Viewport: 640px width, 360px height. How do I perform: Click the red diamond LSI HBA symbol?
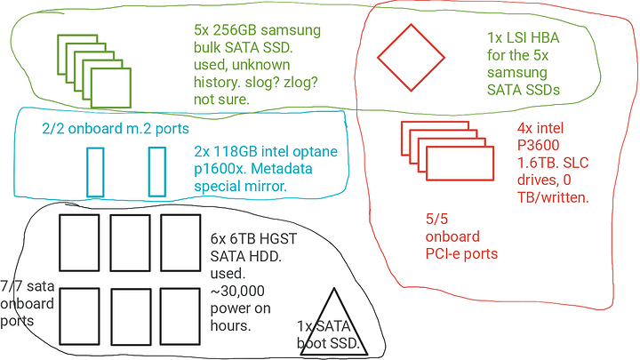click(x=410, y=57)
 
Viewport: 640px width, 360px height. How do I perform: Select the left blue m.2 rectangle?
click(x=96, y=172)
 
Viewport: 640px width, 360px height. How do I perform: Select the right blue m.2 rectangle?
click(x=157, y=172)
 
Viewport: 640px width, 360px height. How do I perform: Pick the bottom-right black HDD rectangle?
click(x=182, y=315)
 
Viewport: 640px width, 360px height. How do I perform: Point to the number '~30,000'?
click(x=234, y=292)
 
